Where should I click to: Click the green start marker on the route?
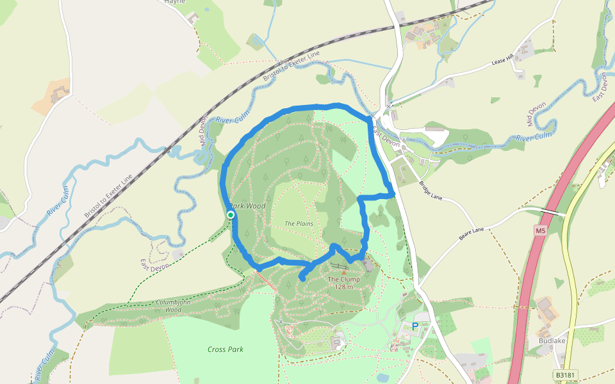point(231,215)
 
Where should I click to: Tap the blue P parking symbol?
point(415,326)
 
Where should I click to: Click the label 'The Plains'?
point(298,223)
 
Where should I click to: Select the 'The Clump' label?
point(344,279)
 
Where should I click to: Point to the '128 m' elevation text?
point(344,287)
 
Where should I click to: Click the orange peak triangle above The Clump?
point(343,272)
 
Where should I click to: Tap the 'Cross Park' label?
point(225,349)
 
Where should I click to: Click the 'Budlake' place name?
point(552,341)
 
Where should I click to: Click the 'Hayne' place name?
point(174,2)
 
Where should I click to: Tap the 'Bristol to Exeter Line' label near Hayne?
point(291,67)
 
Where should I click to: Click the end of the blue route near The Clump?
point(302,278)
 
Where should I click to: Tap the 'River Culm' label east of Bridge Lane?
point(534,137)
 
